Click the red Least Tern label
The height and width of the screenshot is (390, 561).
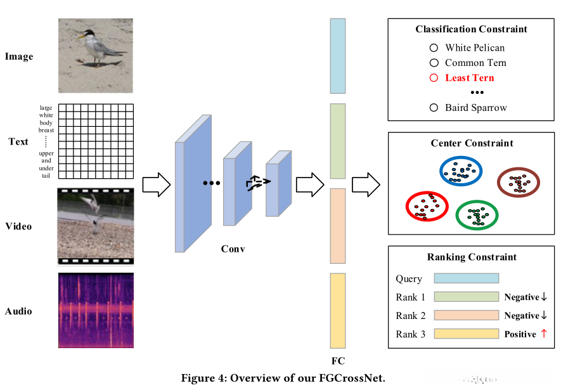click(469, 78)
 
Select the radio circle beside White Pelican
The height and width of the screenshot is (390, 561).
click(434, 48)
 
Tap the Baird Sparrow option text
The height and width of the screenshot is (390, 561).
click(475, 108)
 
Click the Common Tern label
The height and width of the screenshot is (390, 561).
click(475, 63)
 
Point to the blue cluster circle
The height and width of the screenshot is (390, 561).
click(461, 170)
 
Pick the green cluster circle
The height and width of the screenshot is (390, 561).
click(477, 214)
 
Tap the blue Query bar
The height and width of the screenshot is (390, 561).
click(466, 278)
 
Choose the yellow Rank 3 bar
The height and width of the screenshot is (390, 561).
click(466, 334)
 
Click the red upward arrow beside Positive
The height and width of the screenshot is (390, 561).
click(543, 334)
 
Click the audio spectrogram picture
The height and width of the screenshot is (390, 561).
click(96, 310)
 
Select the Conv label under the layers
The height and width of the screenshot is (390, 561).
click(233, 249)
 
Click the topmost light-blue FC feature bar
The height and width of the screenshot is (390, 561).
click(337, 56)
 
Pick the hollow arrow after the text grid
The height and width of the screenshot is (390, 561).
click(156, 185)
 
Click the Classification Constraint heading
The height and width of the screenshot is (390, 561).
click(471, 29)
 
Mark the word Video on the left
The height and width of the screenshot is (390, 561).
click(18, 226)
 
